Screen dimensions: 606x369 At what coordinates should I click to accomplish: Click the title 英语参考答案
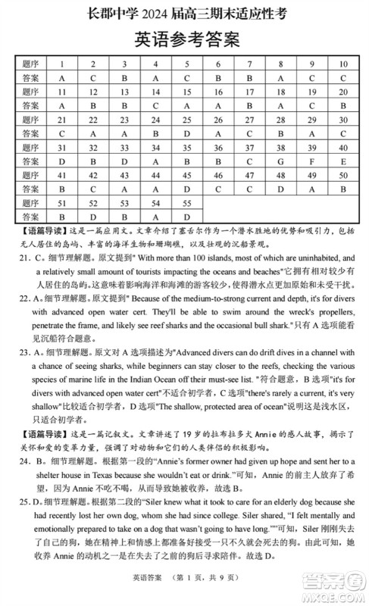tap(185, 38)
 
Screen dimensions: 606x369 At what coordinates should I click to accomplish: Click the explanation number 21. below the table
tap(23, 258)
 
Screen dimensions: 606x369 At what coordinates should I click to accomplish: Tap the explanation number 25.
tap(23, 501)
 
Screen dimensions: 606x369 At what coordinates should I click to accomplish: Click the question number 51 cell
tap(61, 202)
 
